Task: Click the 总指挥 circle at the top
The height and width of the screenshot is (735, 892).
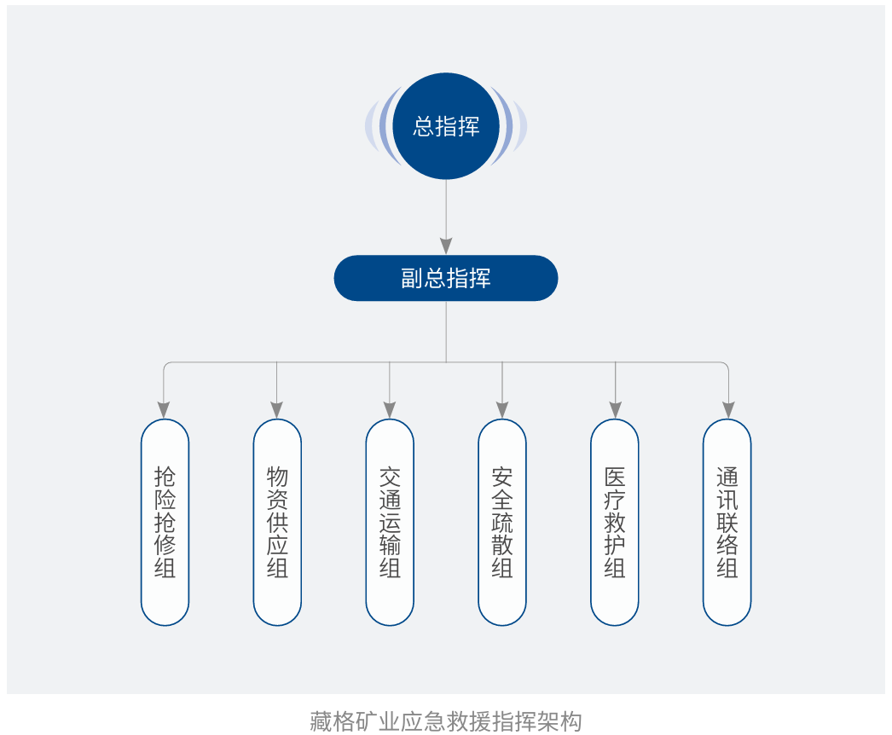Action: tap(446, 126)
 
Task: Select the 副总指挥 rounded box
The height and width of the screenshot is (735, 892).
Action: tap(446, 278)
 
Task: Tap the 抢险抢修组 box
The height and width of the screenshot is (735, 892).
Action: tap(165, 522)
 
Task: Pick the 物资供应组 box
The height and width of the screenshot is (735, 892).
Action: tap(277, 522)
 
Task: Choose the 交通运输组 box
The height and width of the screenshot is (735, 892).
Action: tap(390, 522)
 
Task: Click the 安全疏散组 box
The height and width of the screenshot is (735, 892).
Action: tap(502, 522)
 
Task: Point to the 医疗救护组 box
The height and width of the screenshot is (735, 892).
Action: tap(615, 522)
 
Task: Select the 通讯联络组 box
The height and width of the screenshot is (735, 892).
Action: tap(727, 522)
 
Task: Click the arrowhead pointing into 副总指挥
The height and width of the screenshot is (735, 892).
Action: tap(446, 246)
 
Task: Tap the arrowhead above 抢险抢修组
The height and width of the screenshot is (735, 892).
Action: tap(165, 409)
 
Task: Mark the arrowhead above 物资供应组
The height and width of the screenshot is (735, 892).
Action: tap(277, 409)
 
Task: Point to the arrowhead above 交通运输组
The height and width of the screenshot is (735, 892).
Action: tap(390, 409)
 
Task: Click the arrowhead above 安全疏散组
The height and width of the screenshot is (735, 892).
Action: tap(502, 409)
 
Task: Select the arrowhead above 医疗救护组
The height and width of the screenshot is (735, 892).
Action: tap(615, 409)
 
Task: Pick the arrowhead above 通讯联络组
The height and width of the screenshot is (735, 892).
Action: tap(727, 409)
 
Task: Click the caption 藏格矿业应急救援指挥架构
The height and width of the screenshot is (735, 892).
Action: tap(445, 721)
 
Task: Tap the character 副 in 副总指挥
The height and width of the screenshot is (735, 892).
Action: tap(412, 279)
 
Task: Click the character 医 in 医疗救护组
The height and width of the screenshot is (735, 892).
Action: tap(615, 477)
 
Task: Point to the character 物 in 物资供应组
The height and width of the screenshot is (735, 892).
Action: tap(277, 477)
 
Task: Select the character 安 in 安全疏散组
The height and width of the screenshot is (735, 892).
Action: tap(502, 477)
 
